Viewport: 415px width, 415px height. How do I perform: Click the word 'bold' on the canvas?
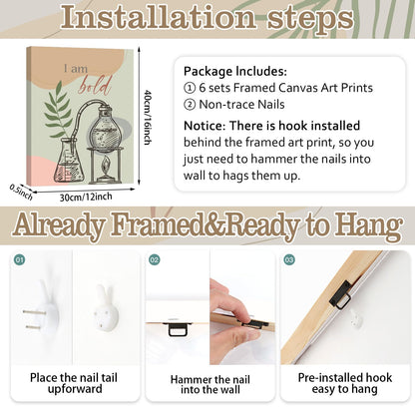[x=95, y=86]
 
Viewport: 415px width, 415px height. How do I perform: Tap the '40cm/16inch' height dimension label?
[x=148, y=117]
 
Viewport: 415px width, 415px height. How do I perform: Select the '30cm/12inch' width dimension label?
[x=86, y=197]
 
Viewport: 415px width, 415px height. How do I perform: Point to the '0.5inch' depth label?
[x=21, y=193]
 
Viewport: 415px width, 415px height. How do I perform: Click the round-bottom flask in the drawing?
[x=104, y=130]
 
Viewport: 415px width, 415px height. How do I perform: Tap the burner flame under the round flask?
[x=105, y=167]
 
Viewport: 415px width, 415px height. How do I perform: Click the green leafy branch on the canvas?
[x=58, y=110]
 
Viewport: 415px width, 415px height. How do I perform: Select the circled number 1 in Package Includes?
[x=190, y=88]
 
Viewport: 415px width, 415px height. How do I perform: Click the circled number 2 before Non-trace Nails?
[x=190, y=105]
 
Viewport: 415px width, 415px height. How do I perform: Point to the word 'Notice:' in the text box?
[x=205, y=126]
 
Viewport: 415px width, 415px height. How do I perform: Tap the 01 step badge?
[x=20, y=259]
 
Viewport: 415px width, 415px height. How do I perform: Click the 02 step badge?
[x=155, y=259]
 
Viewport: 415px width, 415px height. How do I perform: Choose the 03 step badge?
[x=289, y=259]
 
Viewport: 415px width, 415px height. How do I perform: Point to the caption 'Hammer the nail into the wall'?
[x=209, y=384]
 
